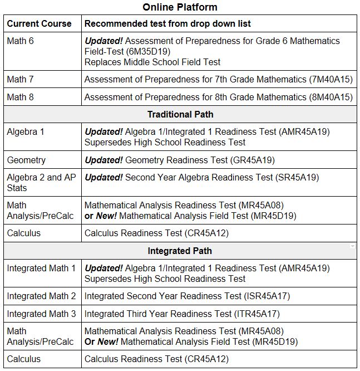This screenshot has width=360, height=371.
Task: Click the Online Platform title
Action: (x=180, y=7)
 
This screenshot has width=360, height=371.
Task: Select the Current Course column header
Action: (x=39, y=23)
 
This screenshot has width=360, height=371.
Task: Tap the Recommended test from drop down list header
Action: (x=167, y=23)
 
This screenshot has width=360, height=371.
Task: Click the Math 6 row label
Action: (x=20, y=41)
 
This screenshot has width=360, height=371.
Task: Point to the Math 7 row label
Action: (x=20, y=79)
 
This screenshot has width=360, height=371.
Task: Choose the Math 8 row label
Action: (x=20, y=97)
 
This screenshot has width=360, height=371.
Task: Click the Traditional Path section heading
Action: (x=180, y=114)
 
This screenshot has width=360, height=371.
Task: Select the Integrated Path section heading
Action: (x=180, y=251)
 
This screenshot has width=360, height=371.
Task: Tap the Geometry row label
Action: (x=26, y=160)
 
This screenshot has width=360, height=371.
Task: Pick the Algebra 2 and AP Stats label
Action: (x=41, y=183)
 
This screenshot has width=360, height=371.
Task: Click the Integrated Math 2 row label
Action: (x=41, y=296)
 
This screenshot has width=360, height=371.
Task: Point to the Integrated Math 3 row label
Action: (x=41, y=314)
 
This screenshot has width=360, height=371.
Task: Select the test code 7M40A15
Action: (x=331, y=79)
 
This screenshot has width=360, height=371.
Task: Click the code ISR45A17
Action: (x=267, y=296)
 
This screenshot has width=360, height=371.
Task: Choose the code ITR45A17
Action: (x=257, y=314)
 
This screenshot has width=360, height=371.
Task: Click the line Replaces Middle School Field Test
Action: (x=152, y=62)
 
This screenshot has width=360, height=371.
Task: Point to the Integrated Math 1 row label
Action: (x=41, y=268)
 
